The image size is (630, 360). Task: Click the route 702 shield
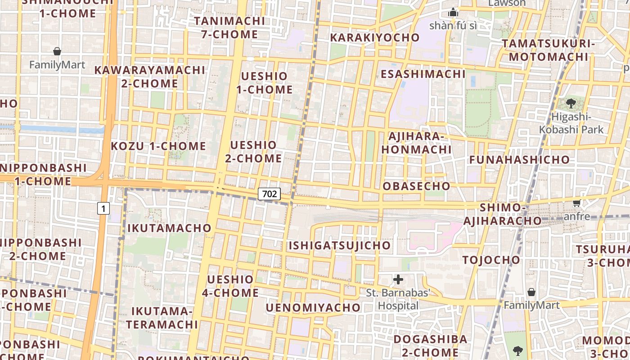[269, 194]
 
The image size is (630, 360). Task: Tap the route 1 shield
[103, 208]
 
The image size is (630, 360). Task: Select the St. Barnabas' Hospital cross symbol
[398, 280]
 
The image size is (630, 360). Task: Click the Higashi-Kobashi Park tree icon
[571, 103]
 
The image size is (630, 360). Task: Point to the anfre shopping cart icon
[576, 203]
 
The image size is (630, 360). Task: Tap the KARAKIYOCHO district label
[375, 38]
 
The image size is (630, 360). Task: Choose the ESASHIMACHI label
[423, 74]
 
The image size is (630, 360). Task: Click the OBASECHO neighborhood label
[416, 186]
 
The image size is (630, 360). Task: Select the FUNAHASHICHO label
[519, 160]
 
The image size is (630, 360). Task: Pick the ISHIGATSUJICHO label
[339, 246]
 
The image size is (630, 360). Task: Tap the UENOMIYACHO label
[313, 308]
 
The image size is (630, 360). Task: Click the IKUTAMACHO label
[169, 228]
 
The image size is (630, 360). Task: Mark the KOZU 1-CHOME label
[158, 146]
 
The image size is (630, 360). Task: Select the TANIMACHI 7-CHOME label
[229, 27]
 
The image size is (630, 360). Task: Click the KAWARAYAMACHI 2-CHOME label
[149, 76]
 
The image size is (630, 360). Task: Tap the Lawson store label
[507, 3]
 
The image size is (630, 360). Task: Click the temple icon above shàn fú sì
[453, 12]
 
